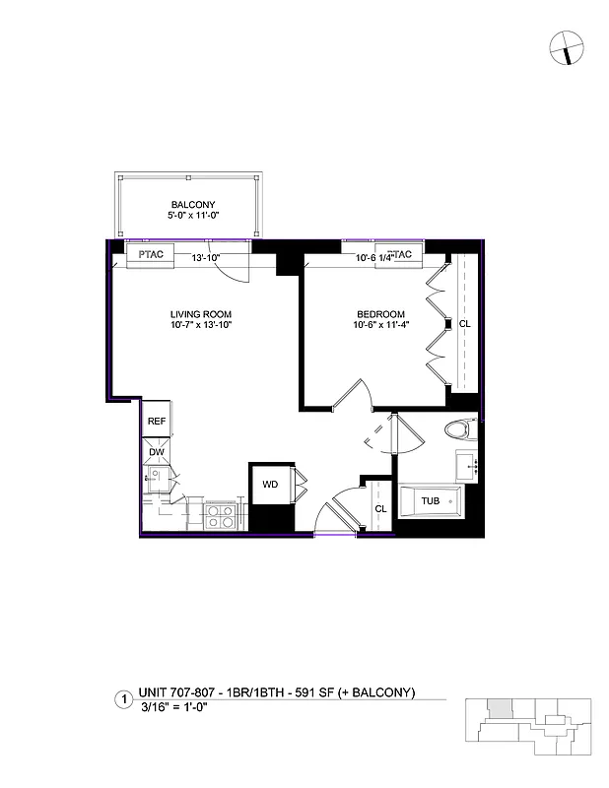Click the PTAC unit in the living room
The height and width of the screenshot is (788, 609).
(x=150, y=254)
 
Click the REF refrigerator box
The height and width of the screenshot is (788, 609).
(x=156, y=421)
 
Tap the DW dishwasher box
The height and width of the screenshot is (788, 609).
(x=156, y=452)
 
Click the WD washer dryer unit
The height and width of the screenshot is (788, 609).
(x=269, y=485)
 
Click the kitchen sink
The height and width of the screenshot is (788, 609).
(x=155, y=482)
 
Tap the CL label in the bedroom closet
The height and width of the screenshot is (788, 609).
(x=463, y=323)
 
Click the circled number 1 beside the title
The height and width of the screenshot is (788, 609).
(x=123, y=699)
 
